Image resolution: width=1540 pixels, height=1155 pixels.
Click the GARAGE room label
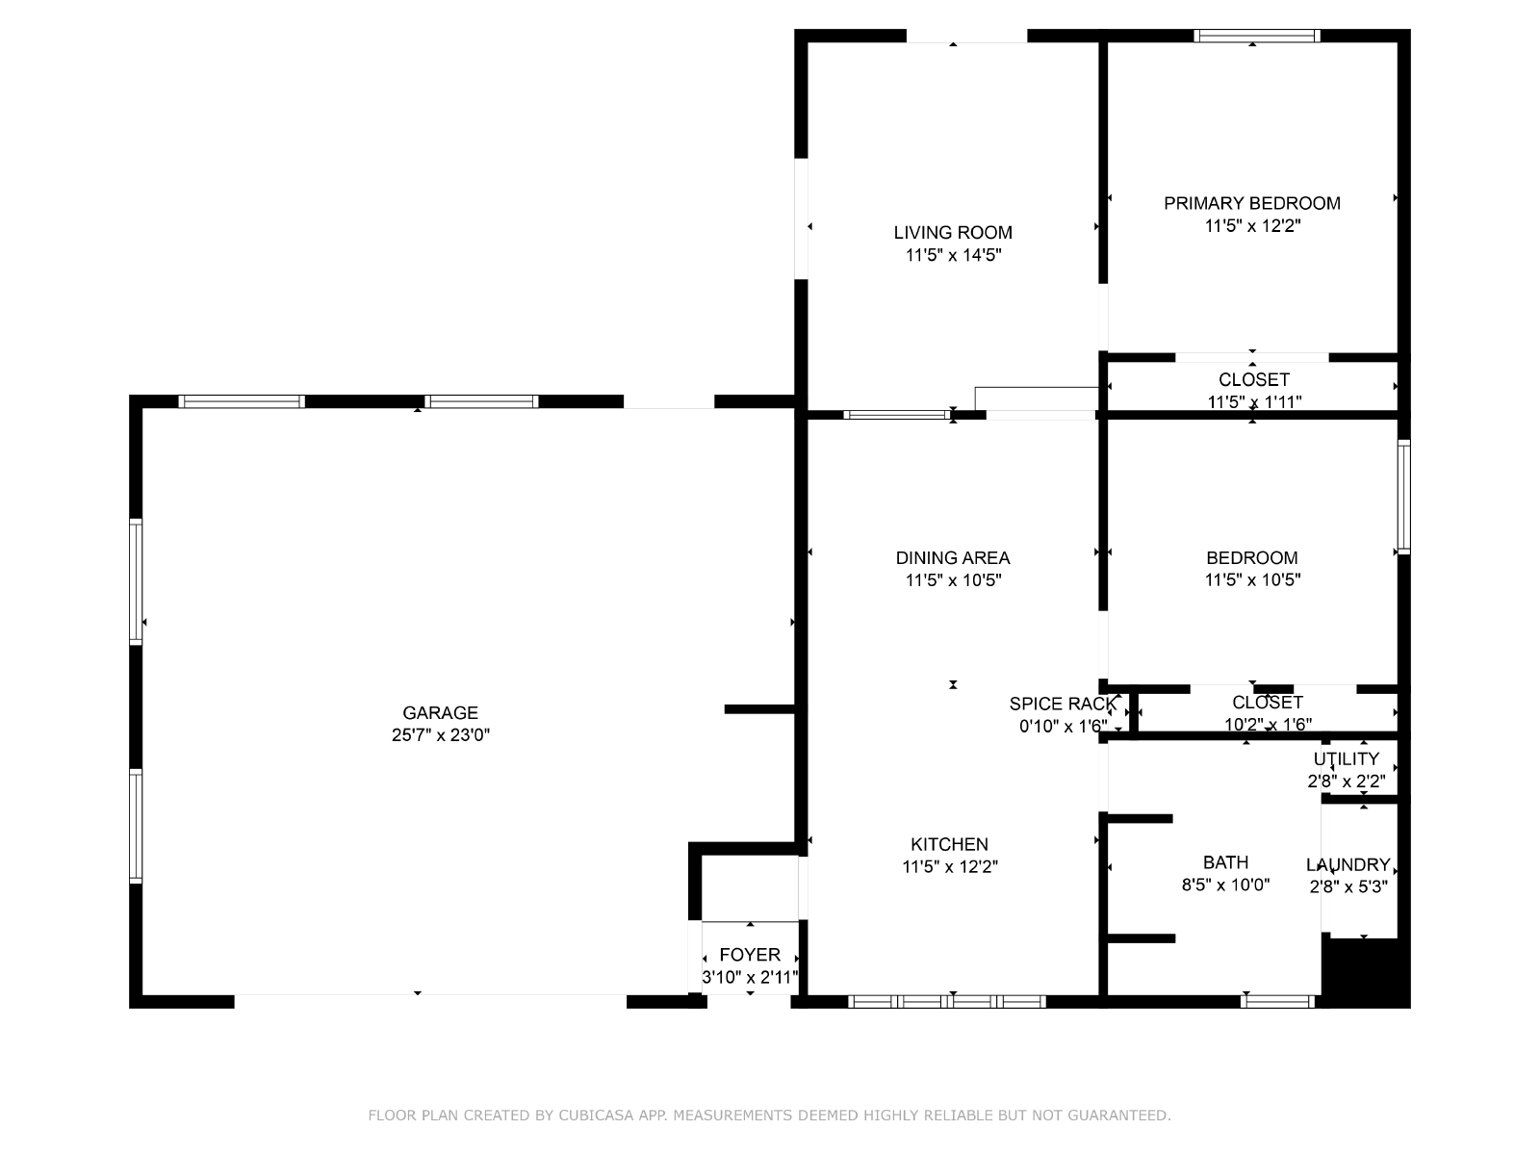[440, 712]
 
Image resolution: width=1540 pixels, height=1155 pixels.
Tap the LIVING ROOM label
[953, 232]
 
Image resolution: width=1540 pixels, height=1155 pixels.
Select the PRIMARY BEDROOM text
[1252, 203]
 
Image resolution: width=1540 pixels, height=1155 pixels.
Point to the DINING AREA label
[953, 557]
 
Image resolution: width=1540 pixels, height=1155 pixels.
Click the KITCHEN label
[949, 844]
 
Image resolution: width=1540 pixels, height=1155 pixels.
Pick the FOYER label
[750, 955]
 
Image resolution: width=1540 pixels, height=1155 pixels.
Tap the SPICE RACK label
[1063, 704]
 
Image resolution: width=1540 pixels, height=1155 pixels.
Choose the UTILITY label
[1347, 758]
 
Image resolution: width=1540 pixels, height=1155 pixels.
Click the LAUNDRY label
[1347, 864]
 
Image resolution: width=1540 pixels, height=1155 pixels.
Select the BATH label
[1225, 861]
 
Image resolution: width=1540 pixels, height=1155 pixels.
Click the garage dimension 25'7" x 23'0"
[441, 735]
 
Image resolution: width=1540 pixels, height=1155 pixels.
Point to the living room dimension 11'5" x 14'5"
[953, 254]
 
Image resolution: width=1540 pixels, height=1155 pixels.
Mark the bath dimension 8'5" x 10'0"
[1225, 885]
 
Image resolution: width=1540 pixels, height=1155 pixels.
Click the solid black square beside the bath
[1365, 971]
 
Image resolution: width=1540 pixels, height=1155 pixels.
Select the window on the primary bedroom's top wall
[1257, 36]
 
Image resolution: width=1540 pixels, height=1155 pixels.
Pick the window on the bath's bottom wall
[1277, 1001]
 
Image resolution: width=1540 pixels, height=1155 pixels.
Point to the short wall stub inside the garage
[759, 709]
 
